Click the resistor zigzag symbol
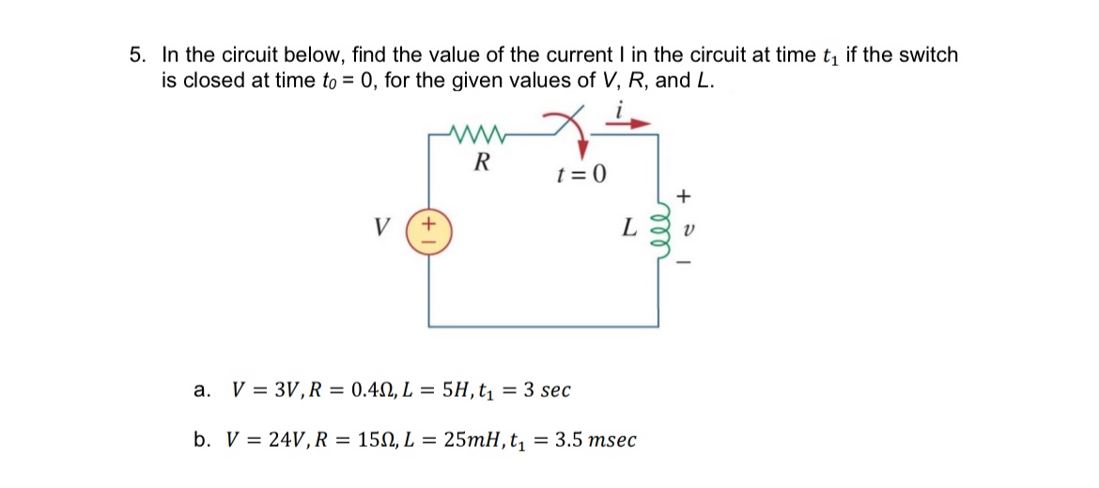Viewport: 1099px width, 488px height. (481, 135)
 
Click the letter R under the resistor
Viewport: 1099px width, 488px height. (482, 162)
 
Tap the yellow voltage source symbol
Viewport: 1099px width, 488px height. (424, 230)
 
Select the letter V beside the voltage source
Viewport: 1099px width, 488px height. (380, 228)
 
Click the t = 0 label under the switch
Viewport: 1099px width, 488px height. (581, 174)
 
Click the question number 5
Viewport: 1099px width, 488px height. (136, 55)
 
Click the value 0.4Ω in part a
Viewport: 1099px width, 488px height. (366, 389)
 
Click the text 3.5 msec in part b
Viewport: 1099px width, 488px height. (596, 439)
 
